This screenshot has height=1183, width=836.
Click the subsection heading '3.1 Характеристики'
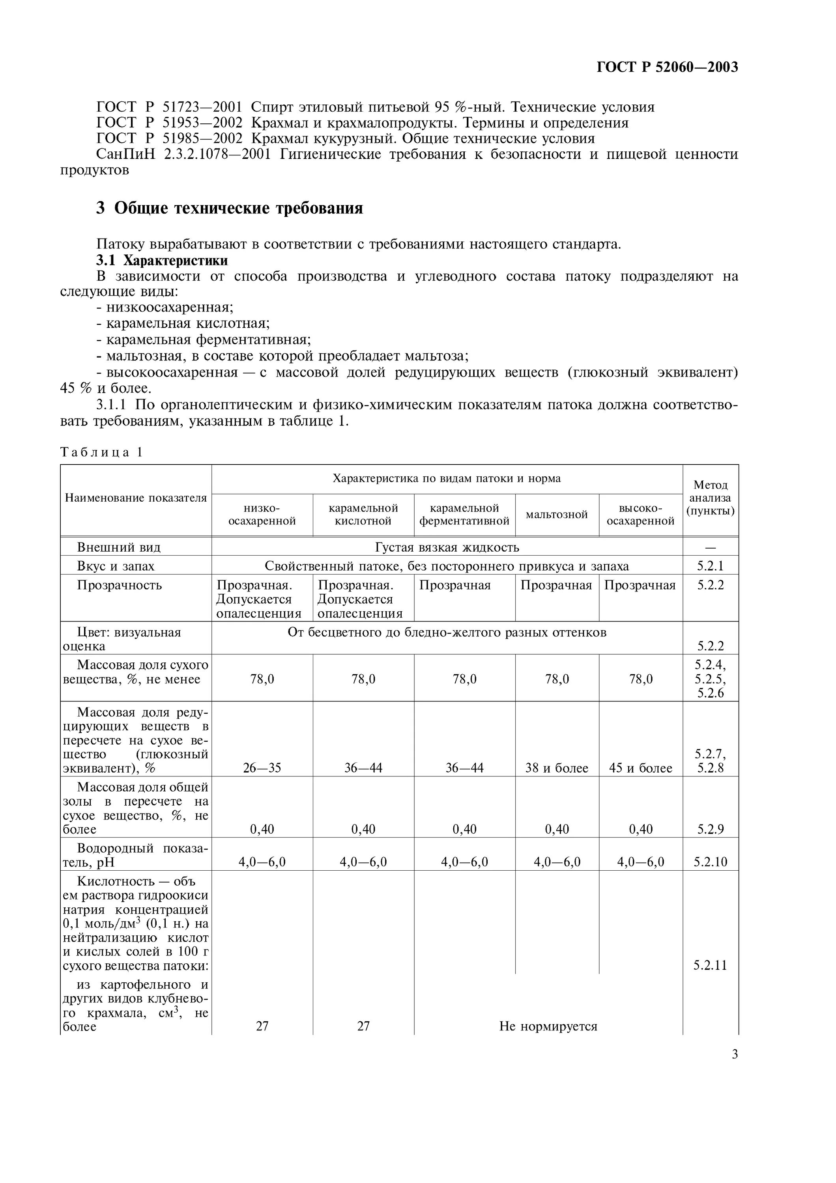pos(163,260)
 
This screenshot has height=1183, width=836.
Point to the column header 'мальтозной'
pos(557,515)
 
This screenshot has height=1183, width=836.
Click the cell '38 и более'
pos(557,768)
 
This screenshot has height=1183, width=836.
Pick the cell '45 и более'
pos(641,768)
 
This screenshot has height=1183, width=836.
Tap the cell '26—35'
pos(262,768)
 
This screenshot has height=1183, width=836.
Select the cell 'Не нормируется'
pos(548,1026)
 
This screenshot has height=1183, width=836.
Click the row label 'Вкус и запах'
pos(116,566)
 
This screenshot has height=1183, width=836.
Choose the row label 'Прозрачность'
pos(119,585)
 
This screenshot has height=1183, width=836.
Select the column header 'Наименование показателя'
pos(136,498)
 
